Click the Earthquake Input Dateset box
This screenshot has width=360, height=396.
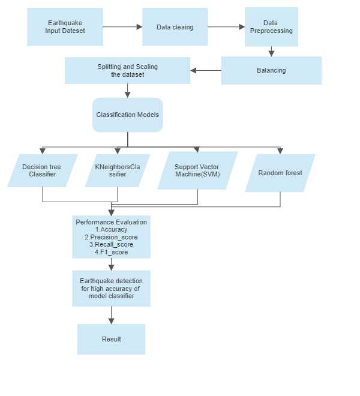point(65,27)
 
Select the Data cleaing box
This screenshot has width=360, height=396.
point(175,27)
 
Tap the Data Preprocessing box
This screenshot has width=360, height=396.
point(271,27)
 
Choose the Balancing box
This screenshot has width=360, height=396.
point(271,70)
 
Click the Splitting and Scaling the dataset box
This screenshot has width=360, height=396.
point(127,70)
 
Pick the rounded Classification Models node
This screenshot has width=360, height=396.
point(127,115)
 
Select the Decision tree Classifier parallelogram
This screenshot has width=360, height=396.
point(43,170)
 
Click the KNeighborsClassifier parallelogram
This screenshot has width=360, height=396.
point(118,170)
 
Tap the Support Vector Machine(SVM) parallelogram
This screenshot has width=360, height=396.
point(197,170)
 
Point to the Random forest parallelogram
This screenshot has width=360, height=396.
point(280,173)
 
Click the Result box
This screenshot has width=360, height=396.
point(111,339)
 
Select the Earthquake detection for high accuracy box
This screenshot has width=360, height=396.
point(111,289)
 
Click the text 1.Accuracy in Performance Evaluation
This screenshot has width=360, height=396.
point(111,229)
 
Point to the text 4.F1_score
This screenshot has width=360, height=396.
point(111,252)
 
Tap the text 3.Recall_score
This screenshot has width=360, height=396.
point(111,244)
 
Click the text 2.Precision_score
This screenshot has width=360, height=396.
point(111,237)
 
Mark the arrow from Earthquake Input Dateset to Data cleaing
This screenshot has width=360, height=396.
point(122,27)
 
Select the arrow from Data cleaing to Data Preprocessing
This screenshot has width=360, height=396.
point(226,27)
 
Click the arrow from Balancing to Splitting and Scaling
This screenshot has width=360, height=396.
point(206,70)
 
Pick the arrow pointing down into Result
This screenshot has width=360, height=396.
point(111,315)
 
